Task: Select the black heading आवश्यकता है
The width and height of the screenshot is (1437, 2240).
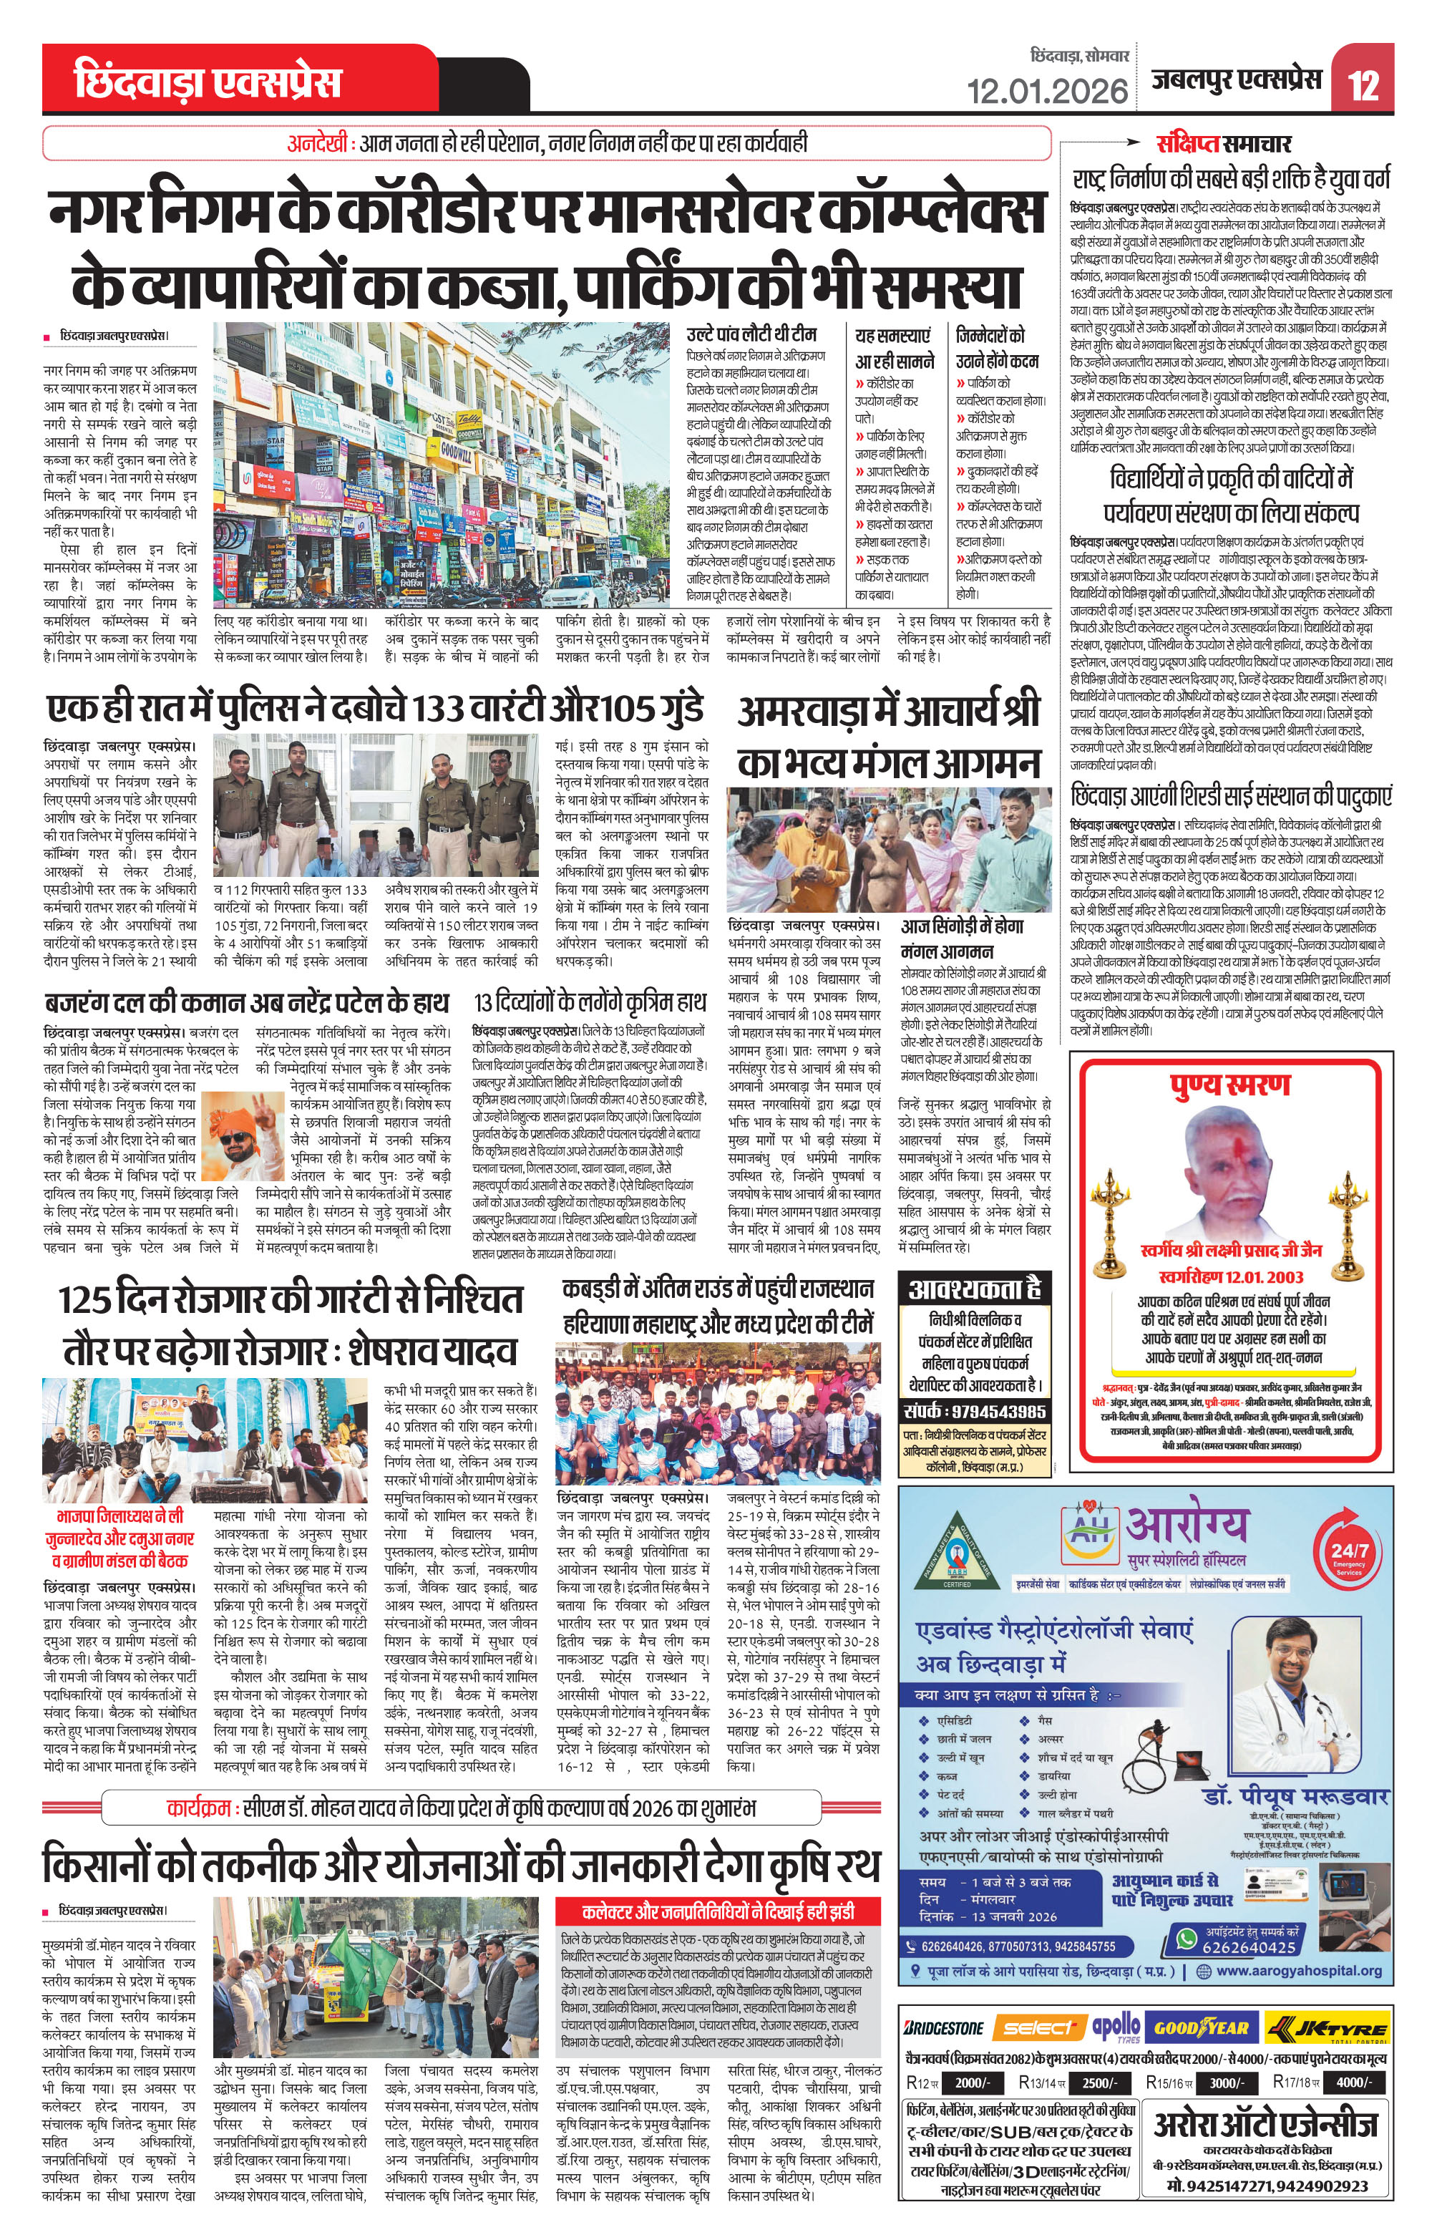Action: pos(974,1289)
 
